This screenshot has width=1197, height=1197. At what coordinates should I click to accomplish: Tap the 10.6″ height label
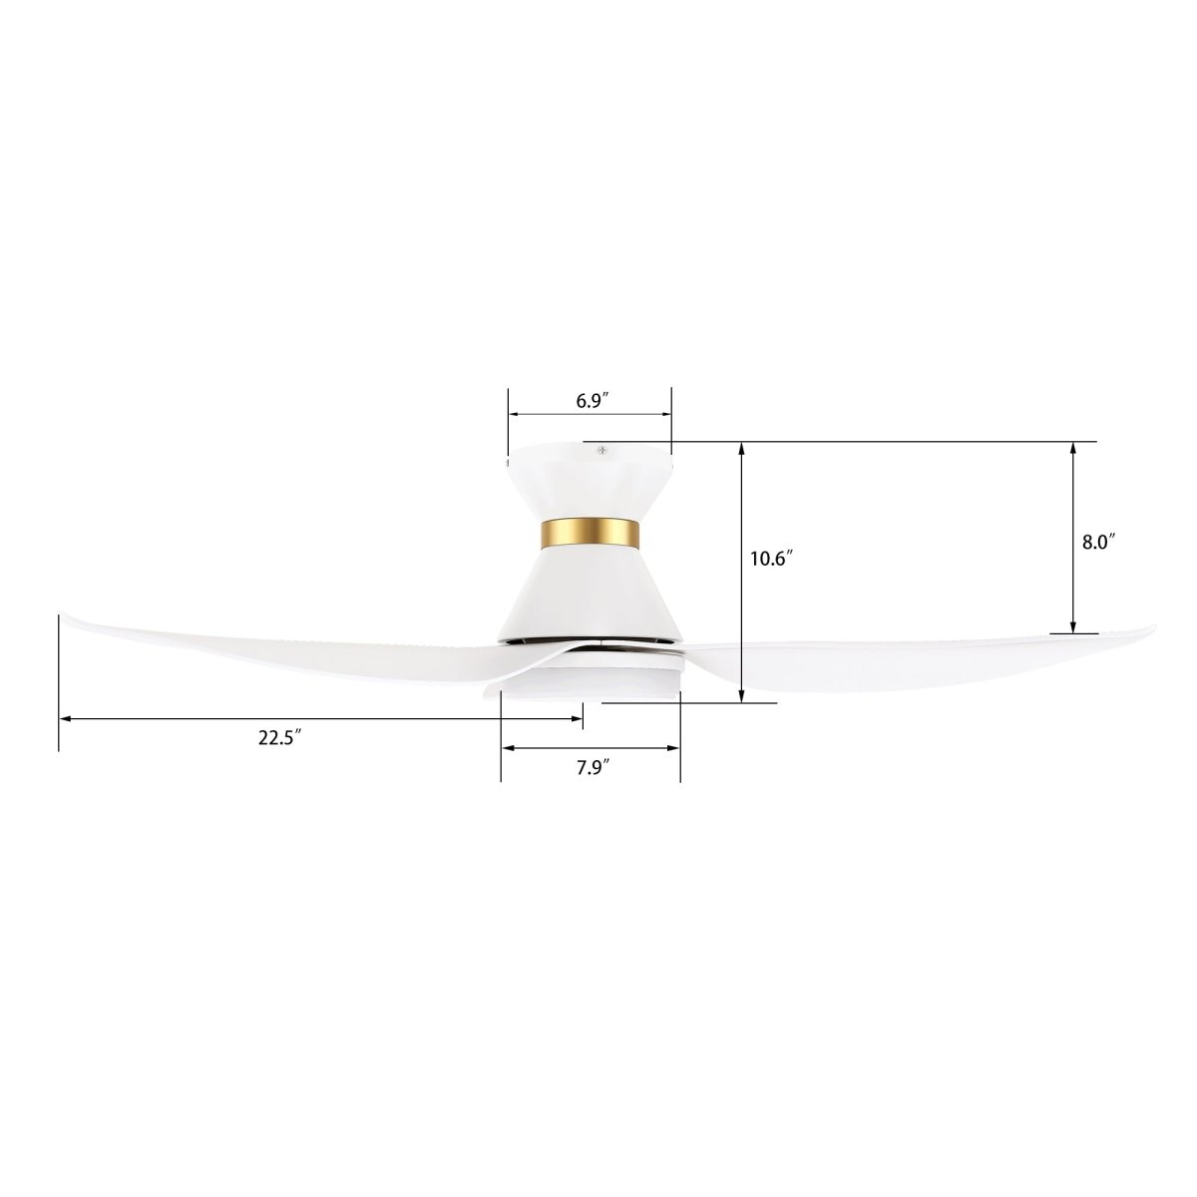pyautogui.click(x=770, y=560)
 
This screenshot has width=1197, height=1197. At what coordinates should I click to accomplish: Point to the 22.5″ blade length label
pyautogui.click(x=280, y=738)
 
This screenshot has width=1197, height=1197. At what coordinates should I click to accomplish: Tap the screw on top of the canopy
pyautogui.click(x=600, y=451)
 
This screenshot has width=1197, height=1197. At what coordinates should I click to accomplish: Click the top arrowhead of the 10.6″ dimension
pyautogui.click(x=743, y=446)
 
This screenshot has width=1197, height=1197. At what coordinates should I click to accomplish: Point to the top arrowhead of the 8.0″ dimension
pyautogui.click(x=1073, y=446)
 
